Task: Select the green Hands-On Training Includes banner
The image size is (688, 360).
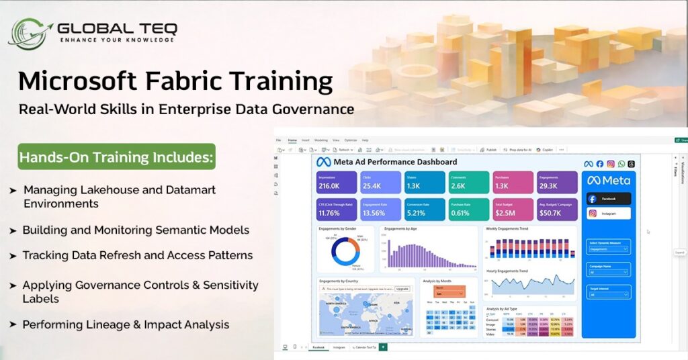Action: click(x=116, y=157)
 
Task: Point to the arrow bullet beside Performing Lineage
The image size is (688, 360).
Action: click(x=13, y=325)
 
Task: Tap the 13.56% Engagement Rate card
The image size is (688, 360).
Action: click(x=380, y=210)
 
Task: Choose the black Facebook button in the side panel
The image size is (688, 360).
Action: click(x=609, y=198)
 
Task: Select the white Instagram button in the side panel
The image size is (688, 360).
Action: click(x=609, y=214)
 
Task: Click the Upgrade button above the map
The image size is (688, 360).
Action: click(x=402, y=288)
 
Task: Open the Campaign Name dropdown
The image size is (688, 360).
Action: click(x=609, y=272)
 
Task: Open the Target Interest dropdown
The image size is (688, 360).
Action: click(x=609, y=294)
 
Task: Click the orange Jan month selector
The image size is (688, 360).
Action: click(x=449, y=293)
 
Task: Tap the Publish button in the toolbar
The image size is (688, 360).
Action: click(x=490, y=150)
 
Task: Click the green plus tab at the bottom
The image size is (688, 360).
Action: click(x=383, y=347)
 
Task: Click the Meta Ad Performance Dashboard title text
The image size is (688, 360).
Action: click(x=396, y=162)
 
